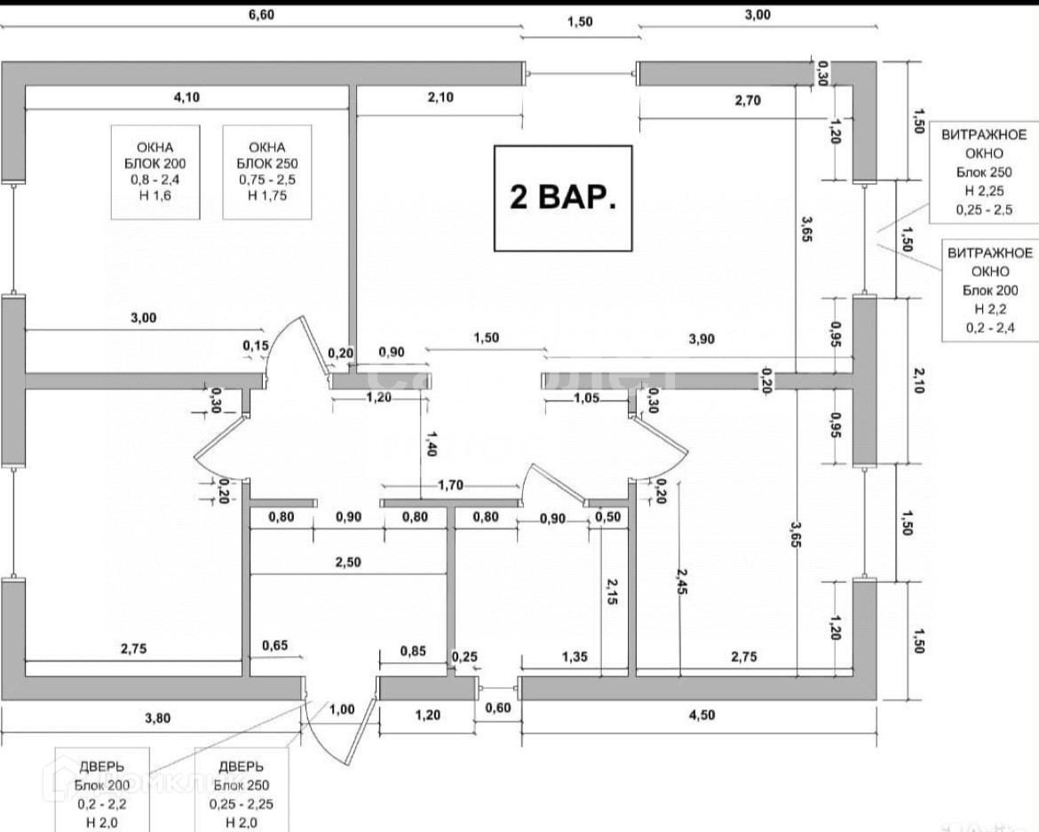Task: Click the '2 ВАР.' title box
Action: coord(563,197)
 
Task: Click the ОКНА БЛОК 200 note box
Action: coord(155,172)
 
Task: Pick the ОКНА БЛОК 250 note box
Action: coord(267,172)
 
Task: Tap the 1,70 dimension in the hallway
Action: coord(450,485)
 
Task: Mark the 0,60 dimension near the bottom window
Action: coord(497,708)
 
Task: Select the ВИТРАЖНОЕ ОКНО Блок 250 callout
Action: coord(983,172)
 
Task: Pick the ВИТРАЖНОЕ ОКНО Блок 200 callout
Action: coord(990,290)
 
